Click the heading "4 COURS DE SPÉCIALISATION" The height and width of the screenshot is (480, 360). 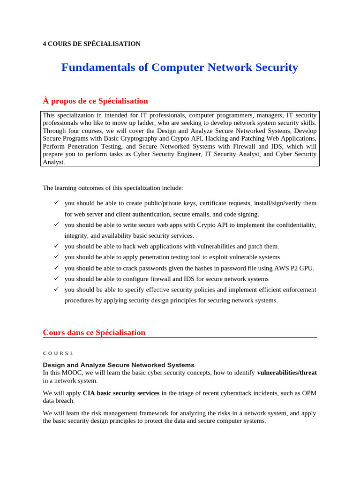(91, 44)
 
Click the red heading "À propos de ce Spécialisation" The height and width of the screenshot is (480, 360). (95, 101)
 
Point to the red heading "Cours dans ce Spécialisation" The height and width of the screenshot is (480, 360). (94, 333)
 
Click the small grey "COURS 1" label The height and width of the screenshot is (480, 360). (58, 353)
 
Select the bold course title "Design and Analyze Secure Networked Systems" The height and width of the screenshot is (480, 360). (119, 365)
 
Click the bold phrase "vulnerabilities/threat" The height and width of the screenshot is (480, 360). (287, 373)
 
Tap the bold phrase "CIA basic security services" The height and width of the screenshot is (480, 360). (121, 393)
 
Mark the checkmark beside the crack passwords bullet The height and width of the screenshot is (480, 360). (56, 268)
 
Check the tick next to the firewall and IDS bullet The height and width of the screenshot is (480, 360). (56, 278)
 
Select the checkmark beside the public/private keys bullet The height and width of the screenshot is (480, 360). (56, 202)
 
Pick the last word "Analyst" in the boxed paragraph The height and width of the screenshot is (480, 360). (53, 162)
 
